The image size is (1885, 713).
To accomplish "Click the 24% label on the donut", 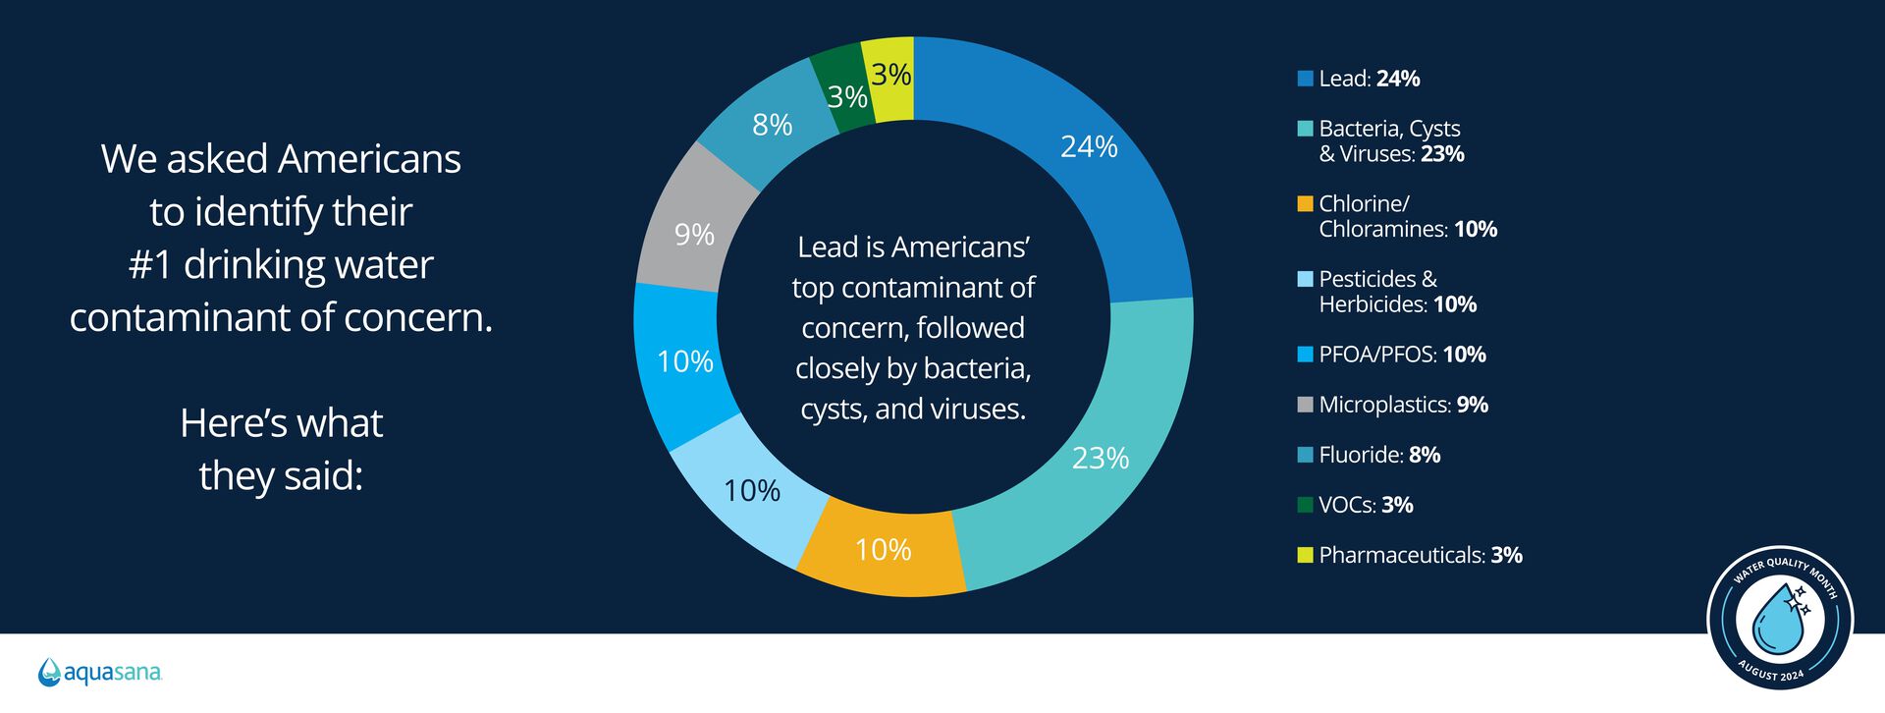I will click(1089, 147).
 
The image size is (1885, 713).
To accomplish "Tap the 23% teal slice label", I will click(1100, 459).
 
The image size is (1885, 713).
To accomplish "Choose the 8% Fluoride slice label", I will click(772, 126).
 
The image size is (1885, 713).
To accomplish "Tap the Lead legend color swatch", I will click(1305, 79).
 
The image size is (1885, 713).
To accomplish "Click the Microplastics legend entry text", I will click(1403, 405).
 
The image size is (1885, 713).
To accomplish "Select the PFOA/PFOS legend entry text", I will click(1402, 355).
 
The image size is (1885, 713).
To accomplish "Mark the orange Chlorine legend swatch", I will click(1305, 204).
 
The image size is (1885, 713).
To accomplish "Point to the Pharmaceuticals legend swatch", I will click(1305, 556).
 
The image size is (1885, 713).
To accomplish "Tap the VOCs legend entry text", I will click(1366, 505).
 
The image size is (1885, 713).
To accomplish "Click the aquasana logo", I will click(100, 673).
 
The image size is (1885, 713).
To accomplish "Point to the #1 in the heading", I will click(150, 265).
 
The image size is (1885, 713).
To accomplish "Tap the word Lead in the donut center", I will click(828, 247).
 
